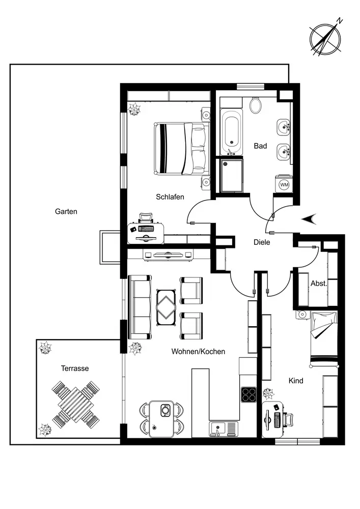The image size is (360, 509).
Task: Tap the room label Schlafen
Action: click(x=170, y=197)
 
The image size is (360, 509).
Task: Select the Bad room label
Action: click(x=260, y=146)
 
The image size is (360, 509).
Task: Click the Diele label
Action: click(x=262, y=242)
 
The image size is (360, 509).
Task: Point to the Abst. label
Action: click(x=319, y=283)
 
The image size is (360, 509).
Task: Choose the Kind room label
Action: click(x=296, y=381)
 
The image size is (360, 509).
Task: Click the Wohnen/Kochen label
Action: click(x=198, y=351)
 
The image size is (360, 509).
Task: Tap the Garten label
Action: click(x=66, y=211)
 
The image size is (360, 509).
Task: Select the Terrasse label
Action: click(x=75, y=368)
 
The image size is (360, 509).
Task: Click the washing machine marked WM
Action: click(x=284, y=184)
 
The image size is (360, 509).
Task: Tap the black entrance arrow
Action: click(x=309, y=218)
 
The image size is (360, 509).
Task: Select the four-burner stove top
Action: click(x=248, y=395)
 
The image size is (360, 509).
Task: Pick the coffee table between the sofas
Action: click(x=167, y=306)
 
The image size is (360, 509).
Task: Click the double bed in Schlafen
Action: click(x=180, y=149)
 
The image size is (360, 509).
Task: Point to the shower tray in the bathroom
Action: click(x=232, y=175)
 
